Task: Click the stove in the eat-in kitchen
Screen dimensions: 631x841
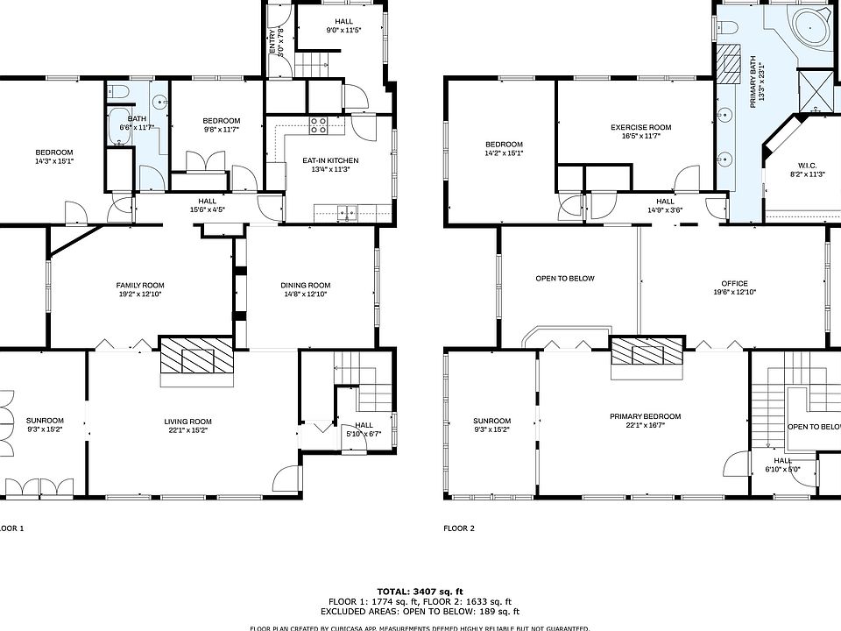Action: [x=318, y=126]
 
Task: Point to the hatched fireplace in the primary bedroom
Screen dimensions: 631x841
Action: [x=646, y=353]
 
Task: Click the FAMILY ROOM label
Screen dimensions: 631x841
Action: [x=140, y=285]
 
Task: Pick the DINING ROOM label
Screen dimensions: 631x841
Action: [x=305, y=285]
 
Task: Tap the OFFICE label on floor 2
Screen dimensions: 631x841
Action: [x=734, y=283]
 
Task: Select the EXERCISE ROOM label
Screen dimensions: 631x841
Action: [x=640, y=128]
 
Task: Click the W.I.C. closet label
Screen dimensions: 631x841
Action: [x=807, y=165]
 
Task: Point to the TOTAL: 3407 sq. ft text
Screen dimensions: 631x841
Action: [x=420, y=591]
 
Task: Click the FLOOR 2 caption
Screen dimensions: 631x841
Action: [x=459, y=528]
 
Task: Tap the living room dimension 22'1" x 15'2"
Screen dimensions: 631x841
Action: [x=187, y=431]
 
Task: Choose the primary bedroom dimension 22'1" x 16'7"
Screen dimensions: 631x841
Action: [x=645, y=427]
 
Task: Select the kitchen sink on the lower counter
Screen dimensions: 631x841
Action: [x=348, y=211]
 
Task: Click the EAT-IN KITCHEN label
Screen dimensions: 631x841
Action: [x=330, y=160]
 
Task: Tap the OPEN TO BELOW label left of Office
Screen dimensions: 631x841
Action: [x=564, y=279]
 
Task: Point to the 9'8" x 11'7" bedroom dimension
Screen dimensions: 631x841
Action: [x=221, y=130]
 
